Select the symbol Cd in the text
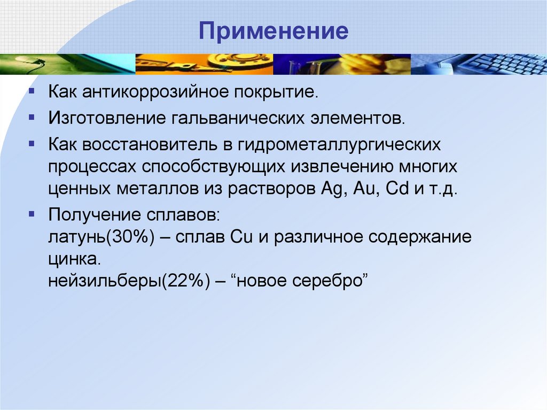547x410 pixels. point(396,190)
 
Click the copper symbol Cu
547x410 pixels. point(240,237)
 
